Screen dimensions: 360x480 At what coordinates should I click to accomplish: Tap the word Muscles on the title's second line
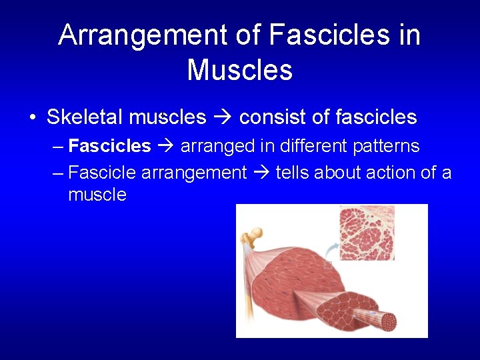[x=239, y=69]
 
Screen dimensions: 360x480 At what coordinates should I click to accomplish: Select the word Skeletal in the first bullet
[x=85, y=117]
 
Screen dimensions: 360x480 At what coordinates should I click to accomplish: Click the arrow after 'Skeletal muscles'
[x=223, y=118]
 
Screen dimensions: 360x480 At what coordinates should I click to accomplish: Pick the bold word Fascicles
[x=110, y=146]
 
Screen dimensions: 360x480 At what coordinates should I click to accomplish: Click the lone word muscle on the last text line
[x=97, y=195]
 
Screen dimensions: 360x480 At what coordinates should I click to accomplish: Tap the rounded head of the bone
[x=255, y=233]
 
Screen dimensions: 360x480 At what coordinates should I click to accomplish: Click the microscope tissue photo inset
[x=367, y=232]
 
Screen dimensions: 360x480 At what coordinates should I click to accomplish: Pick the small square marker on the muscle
[x=327, y=265]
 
